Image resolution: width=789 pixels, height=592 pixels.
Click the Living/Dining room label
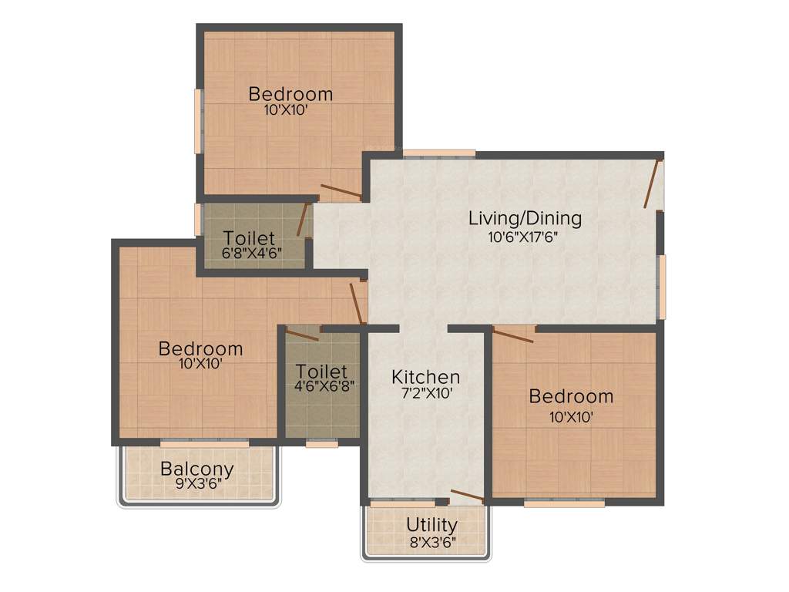point(525,218)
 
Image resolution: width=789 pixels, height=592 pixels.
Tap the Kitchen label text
point(425,377)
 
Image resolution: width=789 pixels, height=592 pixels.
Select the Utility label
point(431,525)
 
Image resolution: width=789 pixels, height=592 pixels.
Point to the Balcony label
point(197,469)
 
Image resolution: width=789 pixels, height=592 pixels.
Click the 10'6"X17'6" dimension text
point(523,237)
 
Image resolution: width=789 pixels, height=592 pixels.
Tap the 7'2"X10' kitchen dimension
point(425,392)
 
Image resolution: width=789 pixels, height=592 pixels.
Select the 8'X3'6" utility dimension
point(431,541)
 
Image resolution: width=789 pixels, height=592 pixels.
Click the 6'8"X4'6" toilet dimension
point(248,251)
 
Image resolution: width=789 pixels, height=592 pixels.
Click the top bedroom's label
point(290,94)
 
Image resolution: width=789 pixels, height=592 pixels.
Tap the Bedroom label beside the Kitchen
point(571,397)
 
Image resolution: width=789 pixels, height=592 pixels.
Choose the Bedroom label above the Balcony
point(200,349)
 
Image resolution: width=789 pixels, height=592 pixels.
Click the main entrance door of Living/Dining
point(653,185)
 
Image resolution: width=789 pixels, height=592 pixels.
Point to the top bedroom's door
point(340,192)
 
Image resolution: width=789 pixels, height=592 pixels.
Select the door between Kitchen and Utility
point(467,496)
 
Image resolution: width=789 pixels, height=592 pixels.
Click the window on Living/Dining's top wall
point(439,154)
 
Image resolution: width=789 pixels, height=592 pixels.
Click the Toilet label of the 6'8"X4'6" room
point(248,237)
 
